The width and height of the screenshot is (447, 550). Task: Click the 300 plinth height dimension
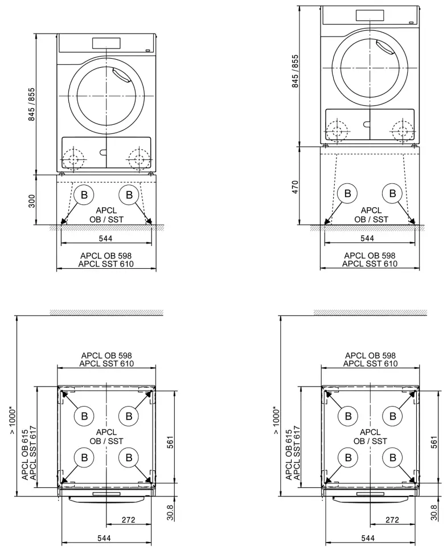pyautogui.click(x=32, y=200)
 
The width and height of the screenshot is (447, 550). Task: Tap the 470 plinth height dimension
pyautogui.click(x=296, y=186)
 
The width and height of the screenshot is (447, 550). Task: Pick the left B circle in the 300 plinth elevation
pyautogui.click(x=84, y=195)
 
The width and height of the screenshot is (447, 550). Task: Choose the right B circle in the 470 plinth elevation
pyautogui.click(x=392, y=193)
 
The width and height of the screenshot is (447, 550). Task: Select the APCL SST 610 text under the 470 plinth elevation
pyautogui.click(x=370, y=264)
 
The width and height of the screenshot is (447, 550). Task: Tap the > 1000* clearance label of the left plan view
pyautogui.click(x=14, y=419)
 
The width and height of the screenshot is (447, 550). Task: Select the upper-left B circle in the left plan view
pyautogui.click(x=84, y=416)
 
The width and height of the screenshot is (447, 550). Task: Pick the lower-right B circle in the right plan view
pyautogui.click(x=392, y=457)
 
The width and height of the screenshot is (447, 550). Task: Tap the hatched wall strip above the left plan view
pyautogui.click(x=106, y=313)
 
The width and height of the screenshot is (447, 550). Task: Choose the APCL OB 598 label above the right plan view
pyautogui.click(x=370, y=356)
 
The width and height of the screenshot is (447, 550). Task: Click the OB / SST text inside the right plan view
pyautogui.click(x=370, y=441)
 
